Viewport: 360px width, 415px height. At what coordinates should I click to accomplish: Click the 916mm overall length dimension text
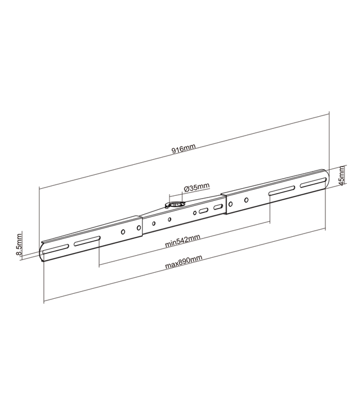point(184,150)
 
